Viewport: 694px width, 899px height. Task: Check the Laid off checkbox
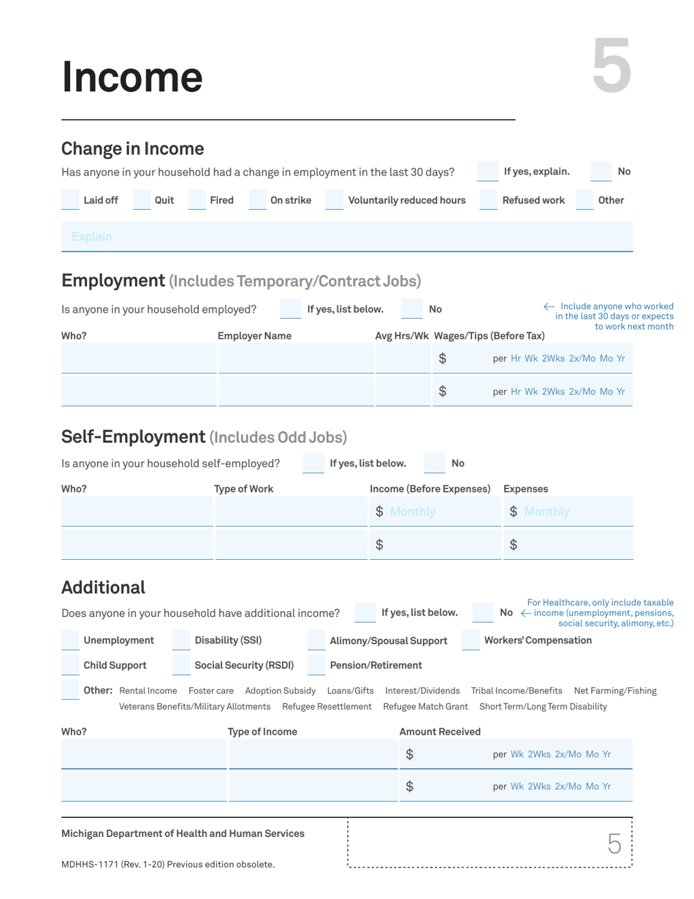pos(71,200)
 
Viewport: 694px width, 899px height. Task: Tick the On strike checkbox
pos(258,200)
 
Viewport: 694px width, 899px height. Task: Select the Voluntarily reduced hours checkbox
pos(334,200)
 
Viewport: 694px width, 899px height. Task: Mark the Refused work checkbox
pos(488,200)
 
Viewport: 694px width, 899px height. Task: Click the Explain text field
pos(346,237)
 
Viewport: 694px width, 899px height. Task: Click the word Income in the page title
pos(132,77)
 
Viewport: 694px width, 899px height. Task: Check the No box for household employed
pos(412,309)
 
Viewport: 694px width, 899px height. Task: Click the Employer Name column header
pos(254,335)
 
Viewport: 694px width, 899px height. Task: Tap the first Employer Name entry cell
pos(296,359)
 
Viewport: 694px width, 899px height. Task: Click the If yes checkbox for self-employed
pos(313,463)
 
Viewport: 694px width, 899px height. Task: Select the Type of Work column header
pos(243,488)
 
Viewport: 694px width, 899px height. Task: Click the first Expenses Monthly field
pos(568,512)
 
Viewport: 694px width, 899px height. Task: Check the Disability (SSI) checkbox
pos(181,641)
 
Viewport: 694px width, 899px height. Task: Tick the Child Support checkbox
pos(71,665)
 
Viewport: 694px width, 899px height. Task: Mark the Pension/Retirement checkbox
pos(316,665)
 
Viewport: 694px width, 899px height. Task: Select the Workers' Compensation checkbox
pos(471,641)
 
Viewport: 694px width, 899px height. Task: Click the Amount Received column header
pos(440,732)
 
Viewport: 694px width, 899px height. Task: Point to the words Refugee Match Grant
pos(425,706)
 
